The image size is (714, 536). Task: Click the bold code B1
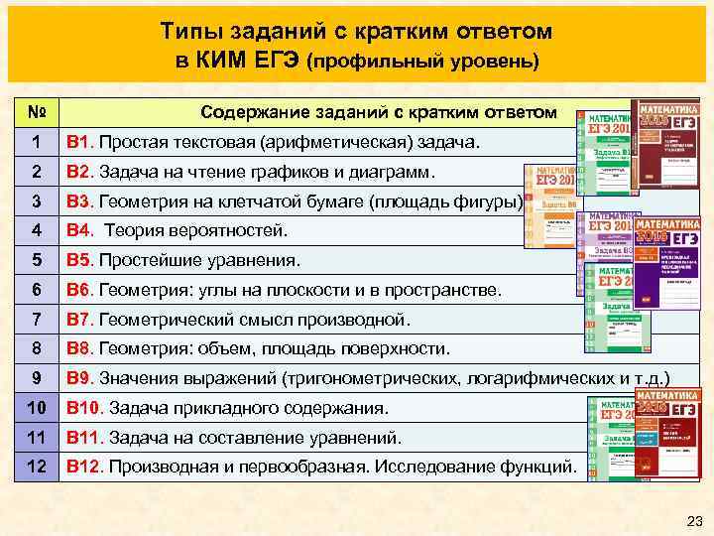(78, 144)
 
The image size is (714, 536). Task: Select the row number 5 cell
(35, 261)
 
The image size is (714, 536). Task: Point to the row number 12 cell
(35, 466)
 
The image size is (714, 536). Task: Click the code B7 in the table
(78, 320)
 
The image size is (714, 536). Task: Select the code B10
(83, 408)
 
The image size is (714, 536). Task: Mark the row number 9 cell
(35, 378)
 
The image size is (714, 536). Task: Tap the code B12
(83, 466)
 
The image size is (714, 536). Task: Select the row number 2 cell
(35, 173)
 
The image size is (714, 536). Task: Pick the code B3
(78, 202)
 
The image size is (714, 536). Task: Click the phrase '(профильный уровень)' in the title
(423, 62)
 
